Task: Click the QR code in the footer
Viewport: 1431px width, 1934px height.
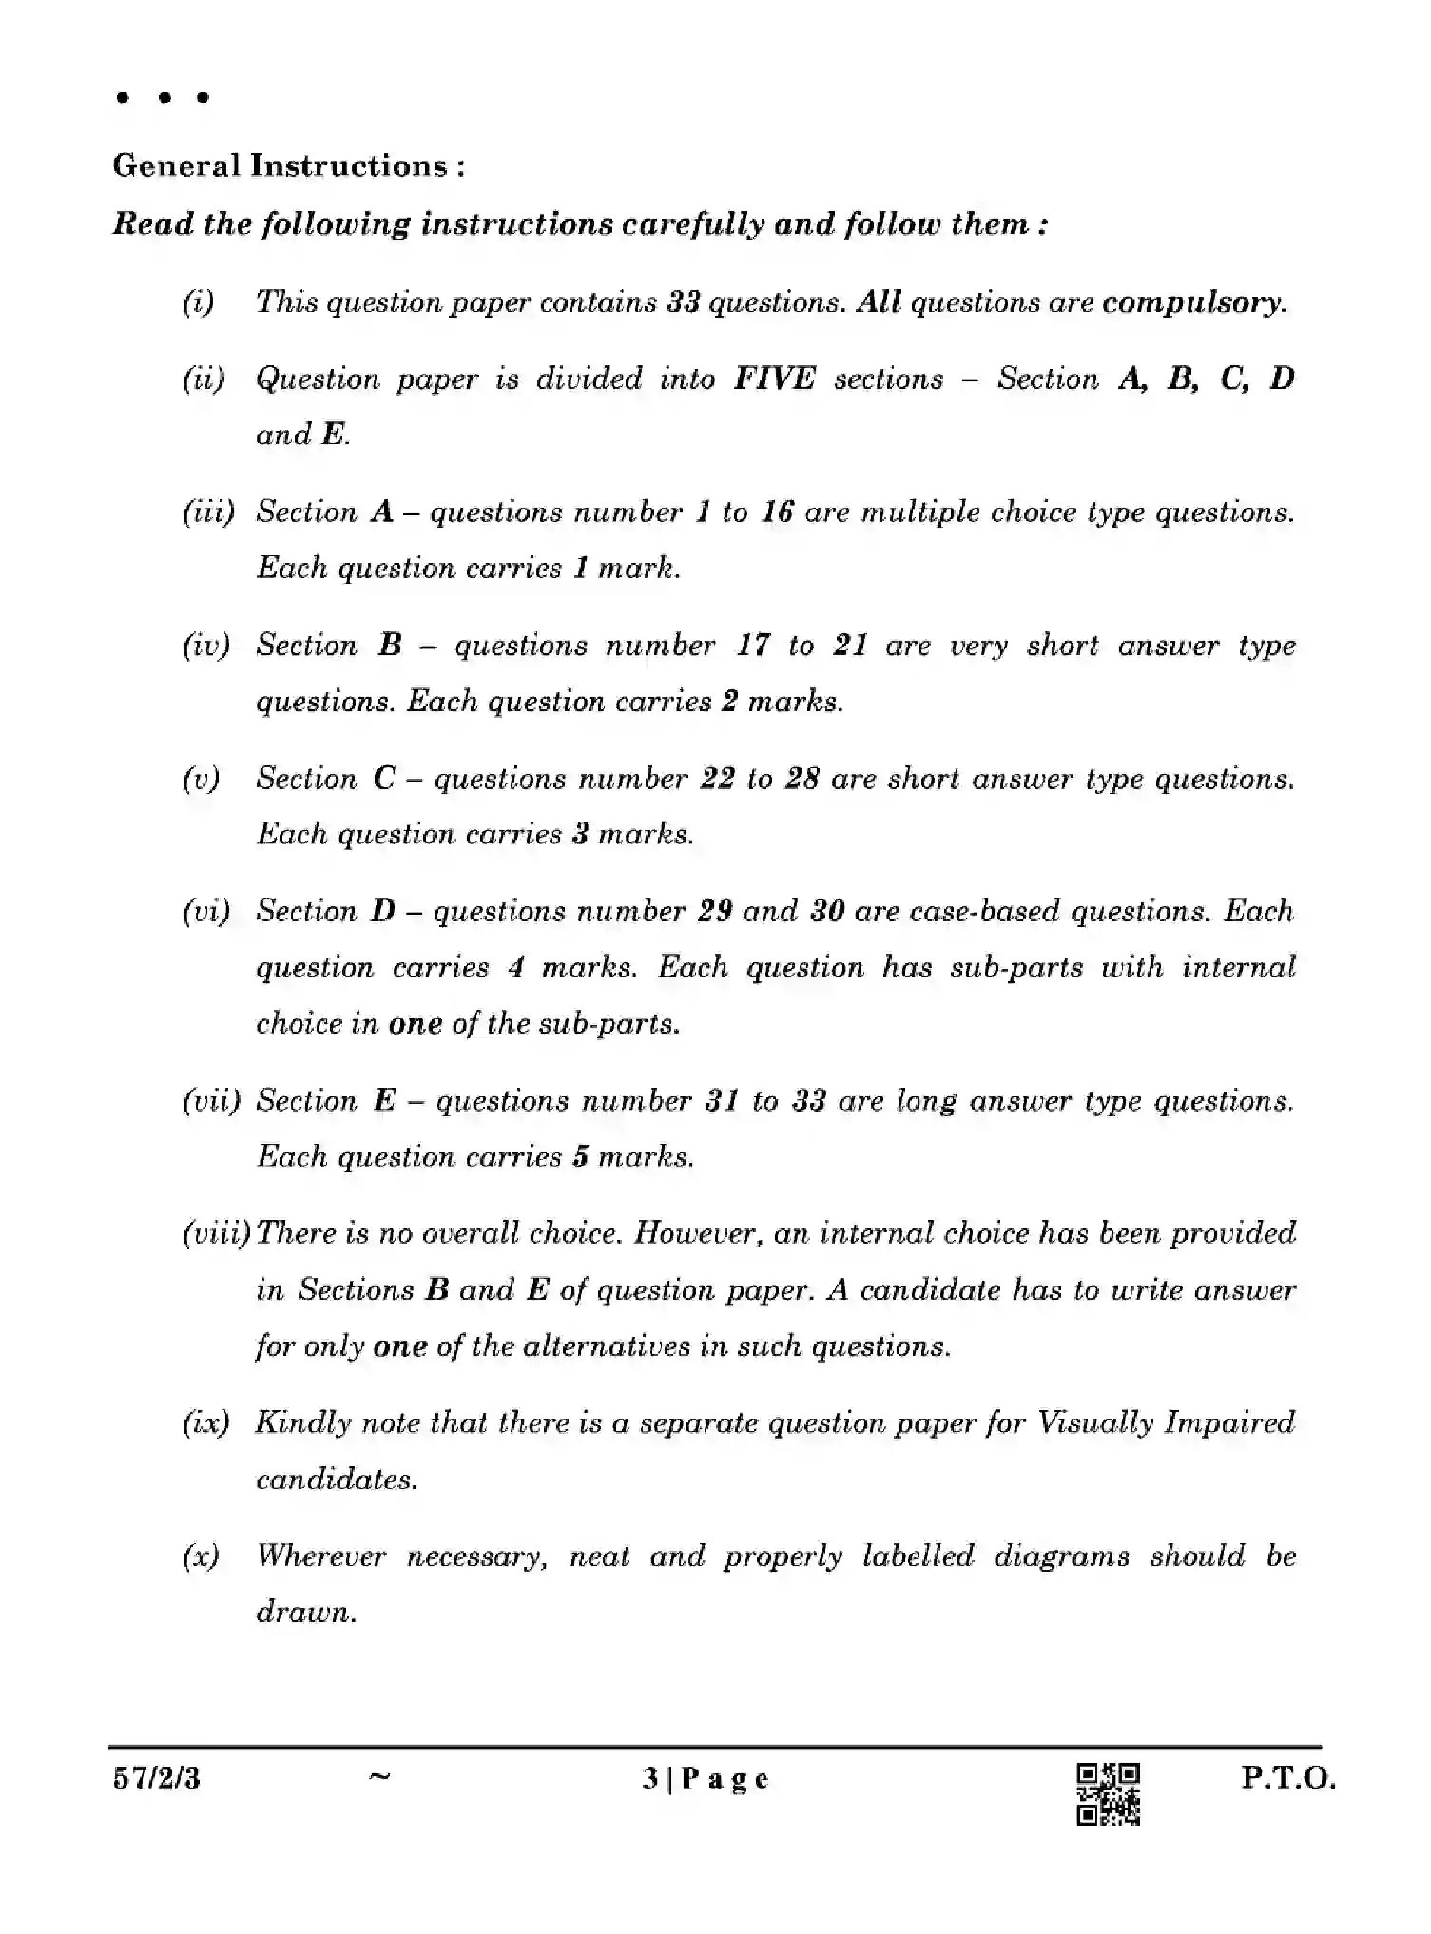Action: (x=1108, y=1794)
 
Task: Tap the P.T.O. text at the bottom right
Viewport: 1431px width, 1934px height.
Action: (x=1288, y=1778)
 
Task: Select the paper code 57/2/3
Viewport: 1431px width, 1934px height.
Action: (x=157, y=1778)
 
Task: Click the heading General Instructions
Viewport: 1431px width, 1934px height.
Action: (x=288, y=165)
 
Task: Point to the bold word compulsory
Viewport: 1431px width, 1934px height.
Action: (x=1194, y=302)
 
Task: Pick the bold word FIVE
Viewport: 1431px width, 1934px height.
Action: (x=774, y=378)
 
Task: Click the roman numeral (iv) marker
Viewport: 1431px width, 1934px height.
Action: (x=206, y=646)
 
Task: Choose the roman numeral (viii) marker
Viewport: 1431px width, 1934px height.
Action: (x=216, y=1233)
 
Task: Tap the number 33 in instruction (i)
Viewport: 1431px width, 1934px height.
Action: (x=684, y=302)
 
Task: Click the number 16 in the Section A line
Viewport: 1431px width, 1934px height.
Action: (x=777, y=513)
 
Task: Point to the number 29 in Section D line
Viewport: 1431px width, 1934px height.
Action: (x=714, y=911)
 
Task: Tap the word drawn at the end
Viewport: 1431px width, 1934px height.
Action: (x=305, y=1613)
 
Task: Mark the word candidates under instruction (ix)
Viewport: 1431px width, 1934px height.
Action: (x=336, y=1480)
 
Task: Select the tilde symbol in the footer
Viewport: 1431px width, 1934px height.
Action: (x=378, y=1774)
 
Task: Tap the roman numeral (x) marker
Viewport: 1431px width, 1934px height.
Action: (x=201, y=1557)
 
